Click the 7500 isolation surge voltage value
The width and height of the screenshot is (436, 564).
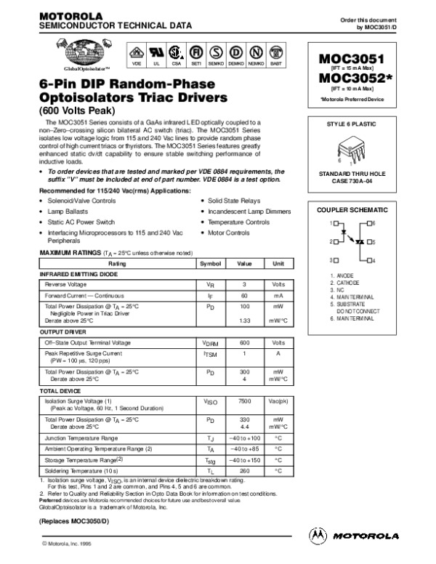(245, 401)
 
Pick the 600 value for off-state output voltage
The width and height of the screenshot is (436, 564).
(245, 342)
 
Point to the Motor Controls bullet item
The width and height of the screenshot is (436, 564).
(230, 233)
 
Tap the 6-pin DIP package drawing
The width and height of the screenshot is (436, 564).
(356, 148)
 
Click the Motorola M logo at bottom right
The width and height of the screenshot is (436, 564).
(318, 536)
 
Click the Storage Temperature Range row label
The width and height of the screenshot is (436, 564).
(84, 460)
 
